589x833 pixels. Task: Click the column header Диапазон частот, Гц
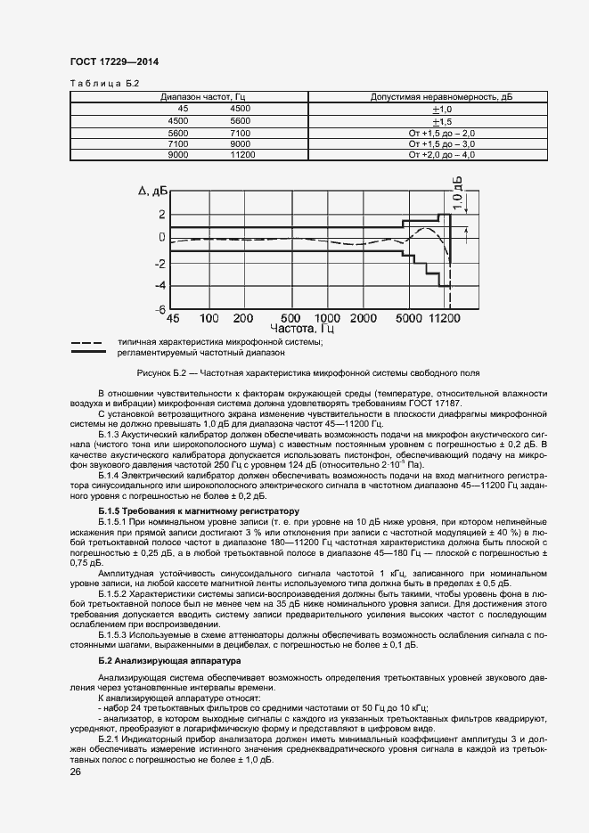point(197,96)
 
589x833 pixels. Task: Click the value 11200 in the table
point(242,155)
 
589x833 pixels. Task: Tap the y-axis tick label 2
point(161,214)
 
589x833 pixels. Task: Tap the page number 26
point(75,772)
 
